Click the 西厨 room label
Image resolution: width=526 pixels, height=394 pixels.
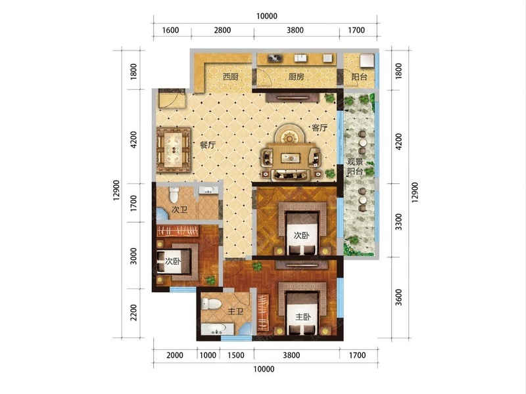pyautogui.click(x=231, y=77)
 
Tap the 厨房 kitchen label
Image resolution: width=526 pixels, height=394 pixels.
pyautogui.click(x=297, y=77)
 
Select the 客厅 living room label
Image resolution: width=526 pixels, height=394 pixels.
pyautogui.click(x=320, y=127)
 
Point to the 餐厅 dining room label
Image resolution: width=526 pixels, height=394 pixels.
pyautogui.click(x=208, y=145)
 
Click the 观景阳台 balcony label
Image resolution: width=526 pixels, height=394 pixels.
pyautogui.click(x=355, y=167)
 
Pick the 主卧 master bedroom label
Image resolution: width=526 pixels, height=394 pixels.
pyautogui.click(x=303, y=317)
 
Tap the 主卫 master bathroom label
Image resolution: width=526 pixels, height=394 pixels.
pyautogui.click(x=235, y=311)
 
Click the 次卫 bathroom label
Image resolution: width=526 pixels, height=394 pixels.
pyautogui.click(x=179, y=209)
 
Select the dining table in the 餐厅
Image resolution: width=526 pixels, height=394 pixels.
pyautogui.click(x=174, y=150)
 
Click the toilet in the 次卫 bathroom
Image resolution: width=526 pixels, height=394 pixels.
pyautogui.click(x=174, y=194)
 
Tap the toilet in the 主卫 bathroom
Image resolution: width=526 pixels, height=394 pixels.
pyautogui.click(x=211, y=304)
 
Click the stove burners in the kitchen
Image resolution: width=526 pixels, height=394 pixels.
pyautogui.click(x=275, y=58)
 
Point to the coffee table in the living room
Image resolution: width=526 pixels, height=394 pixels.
pyautogui.click(x=291, y=158)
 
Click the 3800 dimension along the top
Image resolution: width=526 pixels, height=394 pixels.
pyautogui.click(x=295, y=30)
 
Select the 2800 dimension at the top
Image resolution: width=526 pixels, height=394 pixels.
pyautogui.click(x=222, y=30)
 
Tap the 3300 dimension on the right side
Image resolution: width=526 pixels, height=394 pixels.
pyautogui.click(x=398, y=221)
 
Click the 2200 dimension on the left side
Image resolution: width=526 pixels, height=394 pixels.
pyautogui.click(x=133, y=313)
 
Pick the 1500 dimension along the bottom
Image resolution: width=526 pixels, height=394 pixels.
pyautogui.click(x=236, y=355)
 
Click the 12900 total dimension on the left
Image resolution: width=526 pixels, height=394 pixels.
pyautogui.click(x=116, y=190)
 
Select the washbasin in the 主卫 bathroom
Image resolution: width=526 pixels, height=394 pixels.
pyautogui.click(x=217, y=330)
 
